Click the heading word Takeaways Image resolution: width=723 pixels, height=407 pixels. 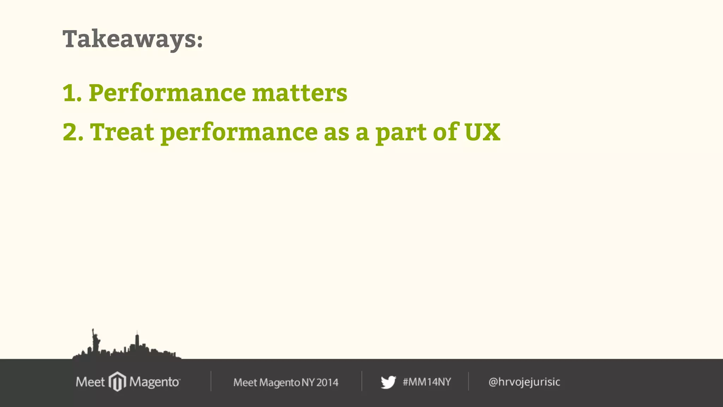[x=129, y=39]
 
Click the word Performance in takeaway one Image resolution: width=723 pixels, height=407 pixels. [x=167, y=93]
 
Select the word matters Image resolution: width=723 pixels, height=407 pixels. [x=300, y=93]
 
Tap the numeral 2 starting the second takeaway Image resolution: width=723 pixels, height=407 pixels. [x=70, y=132]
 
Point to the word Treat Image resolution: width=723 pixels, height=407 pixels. [x=122, y=132]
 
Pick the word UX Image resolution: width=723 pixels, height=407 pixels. [x=482, y=132]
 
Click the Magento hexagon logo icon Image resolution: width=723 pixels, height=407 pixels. [x=117, y=382]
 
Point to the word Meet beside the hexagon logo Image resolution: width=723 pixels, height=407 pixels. [x=90, y=382]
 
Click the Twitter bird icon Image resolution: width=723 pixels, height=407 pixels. [x=388, y=382]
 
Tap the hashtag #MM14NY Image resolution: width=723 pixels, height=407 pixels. [x=427, y=382]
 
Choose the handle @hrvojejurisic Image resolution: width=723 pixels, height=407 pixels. [x=524, y=382]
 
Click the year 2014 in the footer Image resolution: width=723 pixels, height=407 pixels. [x=327, y=382]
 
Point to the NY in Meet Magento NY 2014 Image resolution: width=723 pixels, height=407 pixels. [x=308, y=382]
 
